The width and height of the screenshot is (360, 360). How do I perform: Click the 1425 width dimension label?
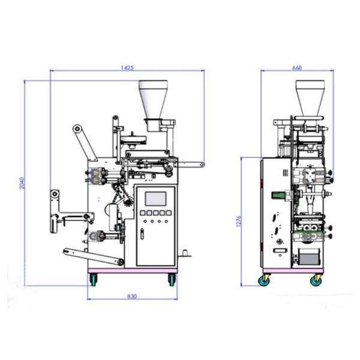pos(127,68)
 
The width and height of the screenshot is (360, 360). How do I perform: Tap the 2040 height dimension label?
pos(22,183)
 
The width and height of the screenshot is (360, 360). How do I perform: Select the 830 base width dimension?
pos(132,296)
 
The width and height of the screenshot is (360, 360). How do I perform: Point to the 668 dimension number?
pos(297,68)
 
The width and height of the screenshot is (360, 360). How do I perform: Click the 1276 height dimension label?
pos(239,221)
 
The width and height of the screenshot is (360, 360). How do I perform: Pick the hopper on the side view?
pos(310,98)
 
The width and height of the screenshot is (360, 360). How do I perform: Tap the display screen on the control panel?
pos(155,199)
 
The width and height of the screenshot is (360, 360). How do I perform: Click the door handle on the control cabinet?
pos(142,234)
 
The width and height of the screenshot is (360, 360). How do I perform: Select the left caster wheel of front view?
pos(93,280)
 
